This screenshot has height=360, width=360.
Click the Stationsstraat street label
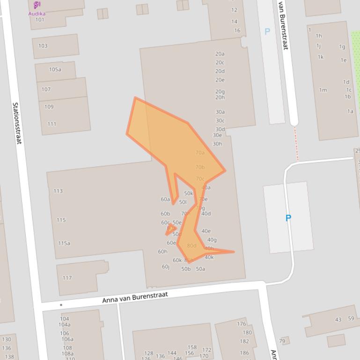click(17, 123)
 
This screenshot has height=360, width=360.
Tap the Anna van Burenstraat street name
click(135, 296)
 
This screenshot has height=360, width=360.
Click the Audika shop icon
click(37, 5)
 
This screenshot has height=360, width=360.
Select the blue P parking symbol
click(288, 218)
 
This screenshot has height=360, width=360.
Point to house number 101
click(40, 20)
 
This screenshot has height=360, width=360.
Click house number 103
click(43, 46)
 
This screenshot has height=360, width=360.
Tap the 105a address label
click(55, 70)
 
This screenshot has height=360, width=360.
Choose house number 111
click(51, 124)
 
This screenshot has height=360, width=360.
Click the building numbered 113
click(58, 191)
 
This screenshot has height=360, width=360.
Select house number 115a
click(64, 243)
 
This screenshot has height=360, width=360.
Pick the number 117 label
click(67, 278)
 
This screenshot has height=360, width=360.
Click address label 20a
click(220, 54)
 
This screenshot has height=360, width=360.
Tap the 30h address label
click(217, 144)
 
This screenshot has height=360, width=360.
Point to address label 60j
click(166, 267)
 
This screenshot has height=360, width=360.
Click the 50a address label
click(200, 269)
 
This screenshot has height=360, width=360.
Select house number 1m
click(323, 90)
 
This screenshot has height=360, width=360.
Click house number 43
click(338, 319)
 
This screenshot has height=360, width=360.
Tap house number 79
click(282, 341)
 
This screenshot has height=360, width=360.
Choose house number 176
click(242, 324)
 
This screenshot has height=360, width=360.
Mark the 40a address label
click(206, 187)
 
